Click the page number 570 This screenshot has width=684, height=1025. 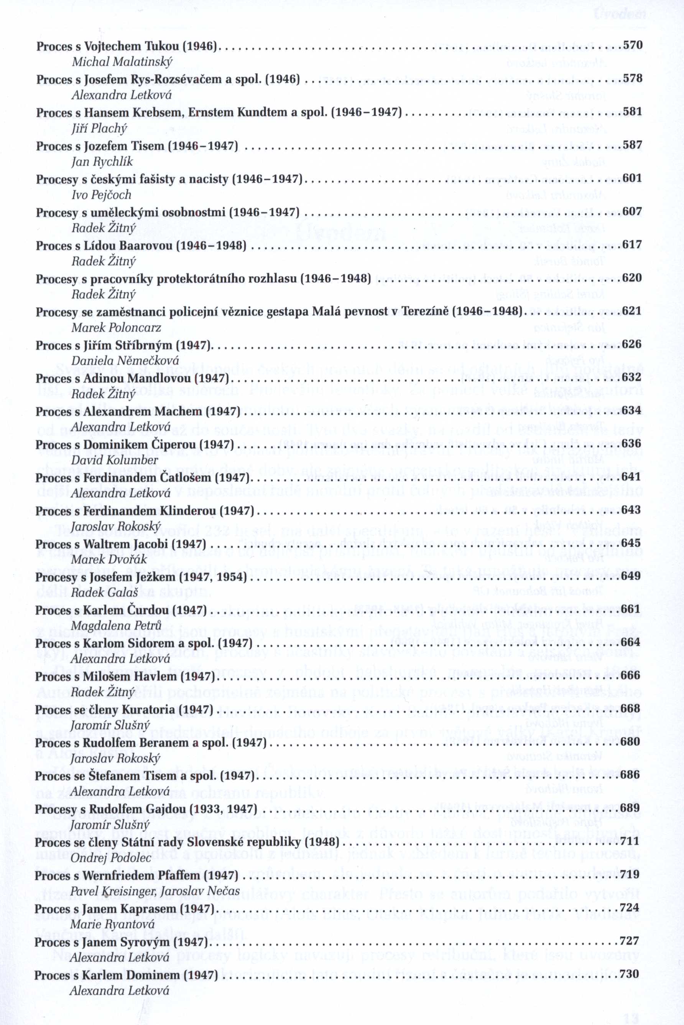(x=633, y=45)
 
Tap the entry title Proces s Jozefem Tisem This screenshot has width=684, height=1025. (x=137, y=146)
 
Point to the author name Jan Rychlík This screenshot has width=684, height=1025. (x=102, y=162)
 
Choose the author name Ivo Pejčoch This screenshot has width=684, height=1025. (x=101, y=195)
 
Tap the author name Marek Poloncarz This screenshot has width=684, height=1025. (x=116, y=327)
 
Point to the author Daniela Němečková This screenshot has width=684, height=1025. (x=125, y=361)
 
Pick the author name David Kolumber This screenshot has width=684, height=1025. (x=114, y=461)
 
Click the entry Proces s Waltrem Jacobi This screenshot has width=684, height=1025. (x=120, y=544)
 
